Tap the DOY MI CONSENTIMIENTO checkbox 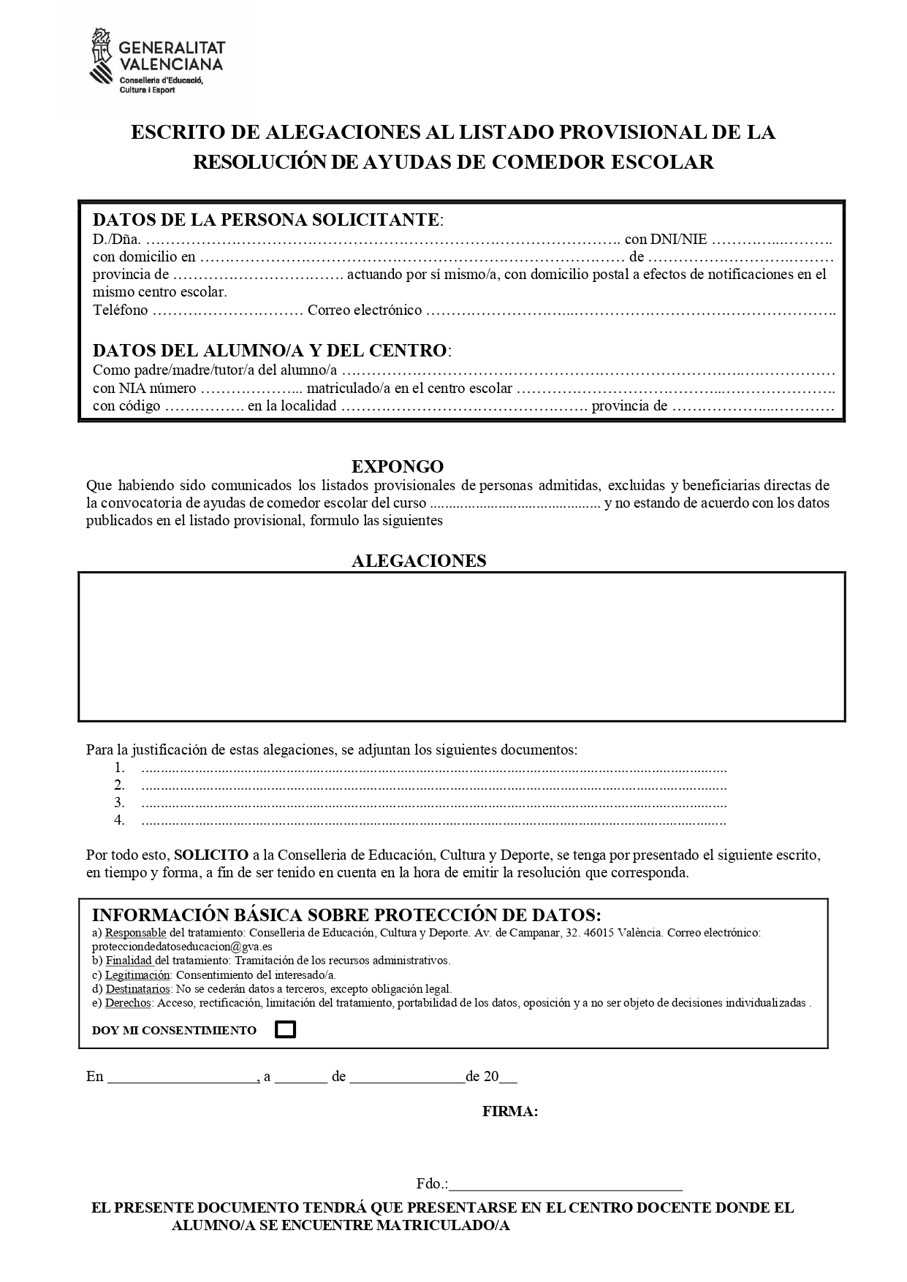click(x=285, y=1029)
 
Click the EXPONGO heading click(x=397, y=466)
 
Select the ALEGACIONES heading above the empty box click(x=419, y=560)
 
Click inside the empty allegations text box click(x=461, y=646)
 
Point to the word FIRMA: click(x=510, y=1111)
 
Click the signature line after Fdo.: click(x=566, y=1183)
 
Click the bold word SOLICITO click(x=211, y=855)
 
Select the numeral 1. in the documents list click(x=120, y=768)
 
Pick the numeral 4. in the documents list click(x=120, y=820)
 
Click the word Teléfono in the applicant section click(x=120, y=310)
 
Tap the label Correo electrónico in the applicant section click(x=365, y=310)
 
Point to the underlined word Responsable click(x=135, y=933)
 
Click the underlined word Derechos click(x=128, y=1003)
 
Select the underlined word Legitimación click(x=137, y=974)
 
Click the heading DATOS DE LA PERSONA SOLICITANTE click(x=266, y=219)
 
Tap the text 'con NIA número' click(x=144, y=389)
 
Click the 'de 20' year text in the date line click(x=482, y=1077)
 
